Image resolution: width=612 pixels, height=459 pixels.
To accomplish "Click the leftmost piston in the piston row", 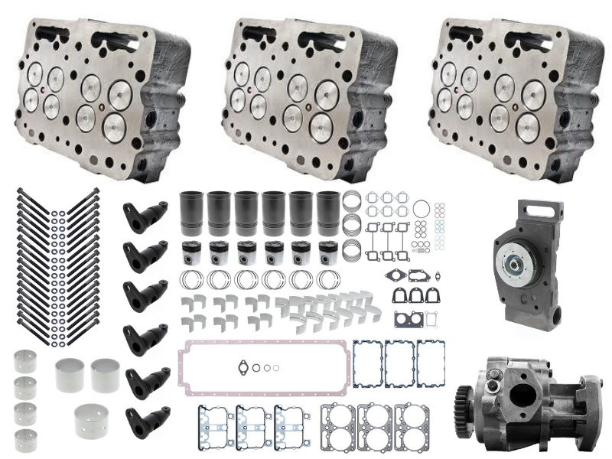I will [190, 254].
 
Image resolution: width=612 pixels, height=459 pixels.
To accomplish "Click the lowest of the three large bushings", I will [92, 418].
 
